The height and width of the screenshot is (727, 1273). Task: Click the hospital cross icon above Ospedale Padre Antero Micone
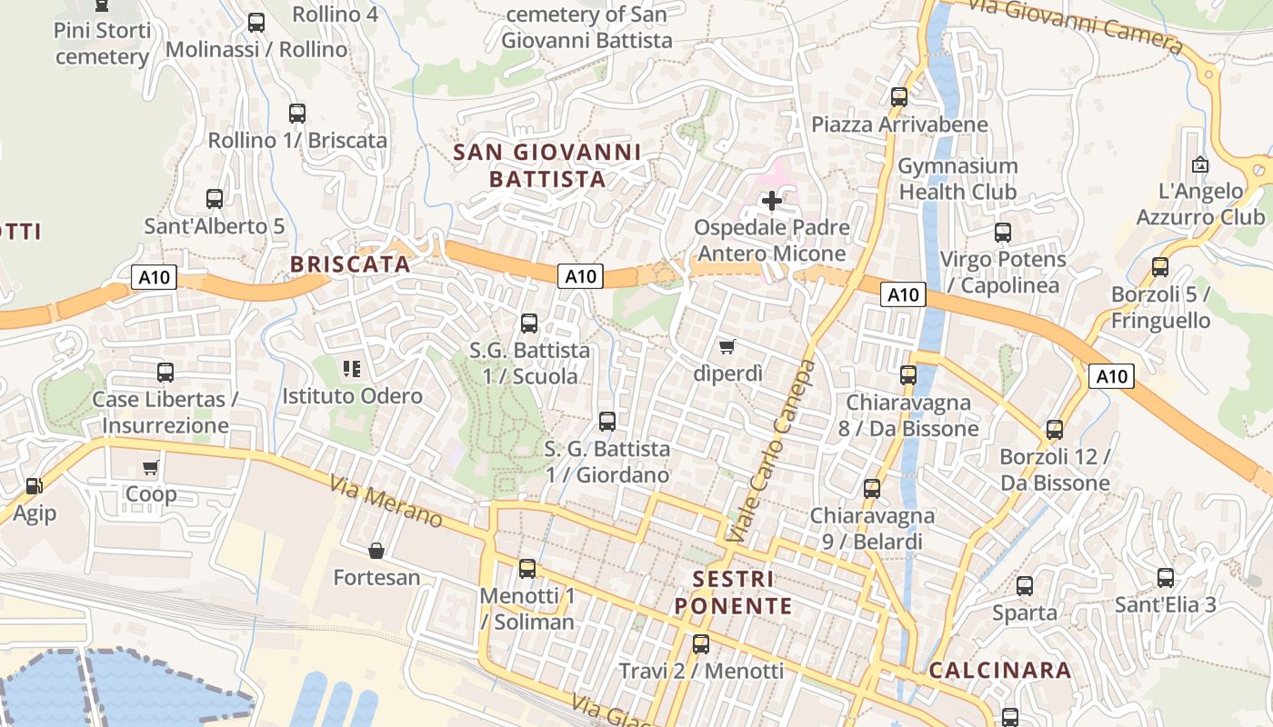tap(772, 201)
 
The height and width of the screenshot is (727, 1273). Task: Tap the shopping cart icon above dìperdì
tap(727, 346)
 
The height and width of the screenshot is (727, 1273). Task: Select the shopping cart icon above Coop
tap(151, 468)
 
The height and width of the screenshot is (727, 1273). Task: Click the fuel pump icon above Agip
tap(35, 487)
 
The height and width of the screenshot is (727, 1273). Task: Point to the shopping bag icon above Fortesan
tap(376, 551)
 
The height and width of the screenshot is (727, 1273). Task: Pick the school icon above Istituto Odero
tap(352, 369)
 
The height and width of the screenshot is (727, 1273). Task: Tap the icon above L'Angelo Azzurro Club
tap(1200, 165)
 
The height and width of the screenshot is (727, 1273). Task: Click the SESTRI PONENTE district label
tap(733, 592)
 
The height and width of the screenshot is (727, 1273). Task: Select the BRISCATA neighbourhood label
tap(350, 264)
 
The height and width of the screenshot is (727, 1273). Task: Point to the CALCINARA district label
tap(1000, 671)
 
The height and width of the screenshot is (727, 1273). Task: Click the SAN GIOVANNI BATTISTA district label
tap(547, 165)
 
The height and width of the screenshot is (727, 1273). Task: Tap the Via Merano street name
tap(386, 503)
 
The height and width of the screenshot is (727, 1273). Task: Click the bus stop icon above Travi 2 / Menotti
tap(701, 644)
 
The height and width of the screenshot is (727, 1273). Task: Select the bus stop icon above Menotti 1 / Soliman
tap(527, 569)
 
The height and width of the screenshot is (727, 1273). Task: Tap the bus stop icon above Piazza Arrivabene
tap(899, 97)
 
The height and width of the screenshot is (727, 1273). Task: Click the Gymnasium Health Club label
tap(957, 179)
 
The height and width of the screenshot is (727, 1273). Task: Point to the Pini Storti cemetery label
tap(102, 44)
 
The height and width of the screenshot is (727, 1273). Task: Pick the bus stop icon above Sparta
tap(1025, 586)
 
